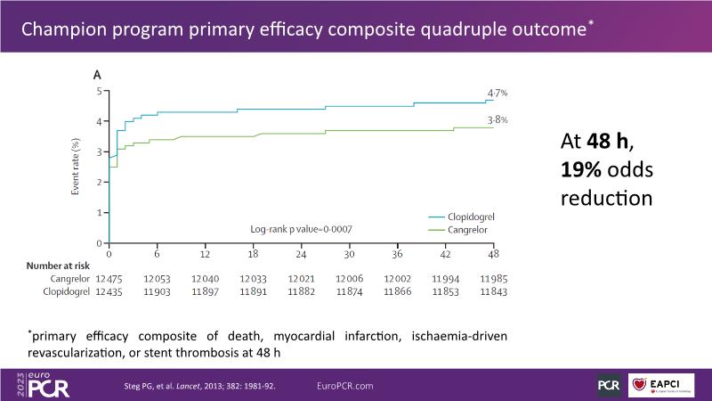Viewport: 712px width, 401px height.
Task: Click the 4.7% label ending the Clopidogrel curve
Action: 497,93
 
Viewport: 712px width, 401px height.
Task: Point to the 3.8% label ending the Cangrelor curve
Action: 497,119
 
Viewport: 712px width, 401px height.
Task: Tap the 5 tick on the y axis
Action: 100,91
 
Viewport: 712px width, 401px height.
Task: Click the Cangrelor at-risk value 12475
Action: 109,279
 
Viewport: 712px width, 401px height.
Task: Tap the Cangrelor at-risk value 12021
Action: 301,279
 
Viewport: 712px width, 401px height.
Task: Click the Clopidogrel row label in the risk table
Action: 65,292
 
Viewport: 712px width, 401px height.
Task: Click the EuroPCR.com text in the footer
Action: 345,385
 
